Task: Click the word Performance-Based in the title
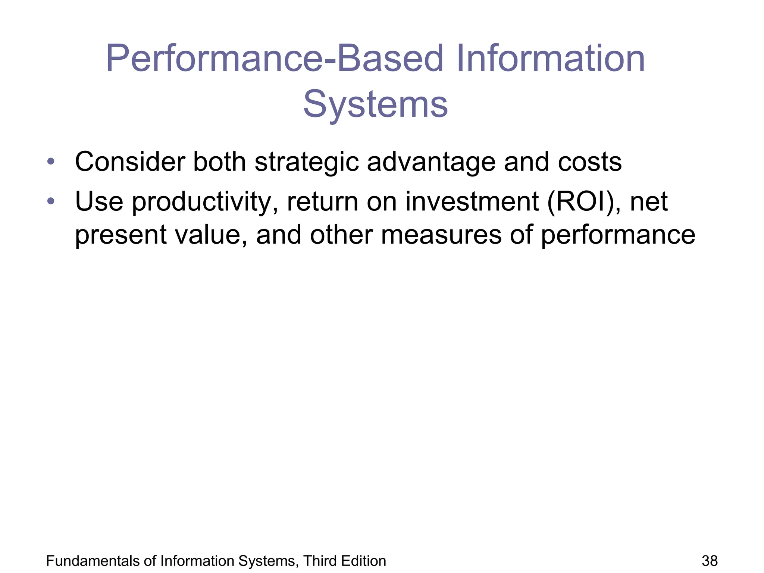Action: click(274, 59)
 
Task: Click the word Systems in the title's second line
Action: click(375, 104)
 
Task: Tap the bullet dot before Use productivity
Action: click(51, 201)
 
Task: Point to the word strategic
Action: click(306, 162)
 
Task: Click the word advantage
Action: click(431, 162)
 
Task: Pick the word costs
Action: click(589, 162)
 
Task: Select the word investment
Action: click(472, 201)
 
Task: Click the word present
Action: click(120, 235)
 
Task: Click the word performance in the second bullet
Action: click(618, 235)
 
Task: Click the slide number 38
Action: click(710, 561)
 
